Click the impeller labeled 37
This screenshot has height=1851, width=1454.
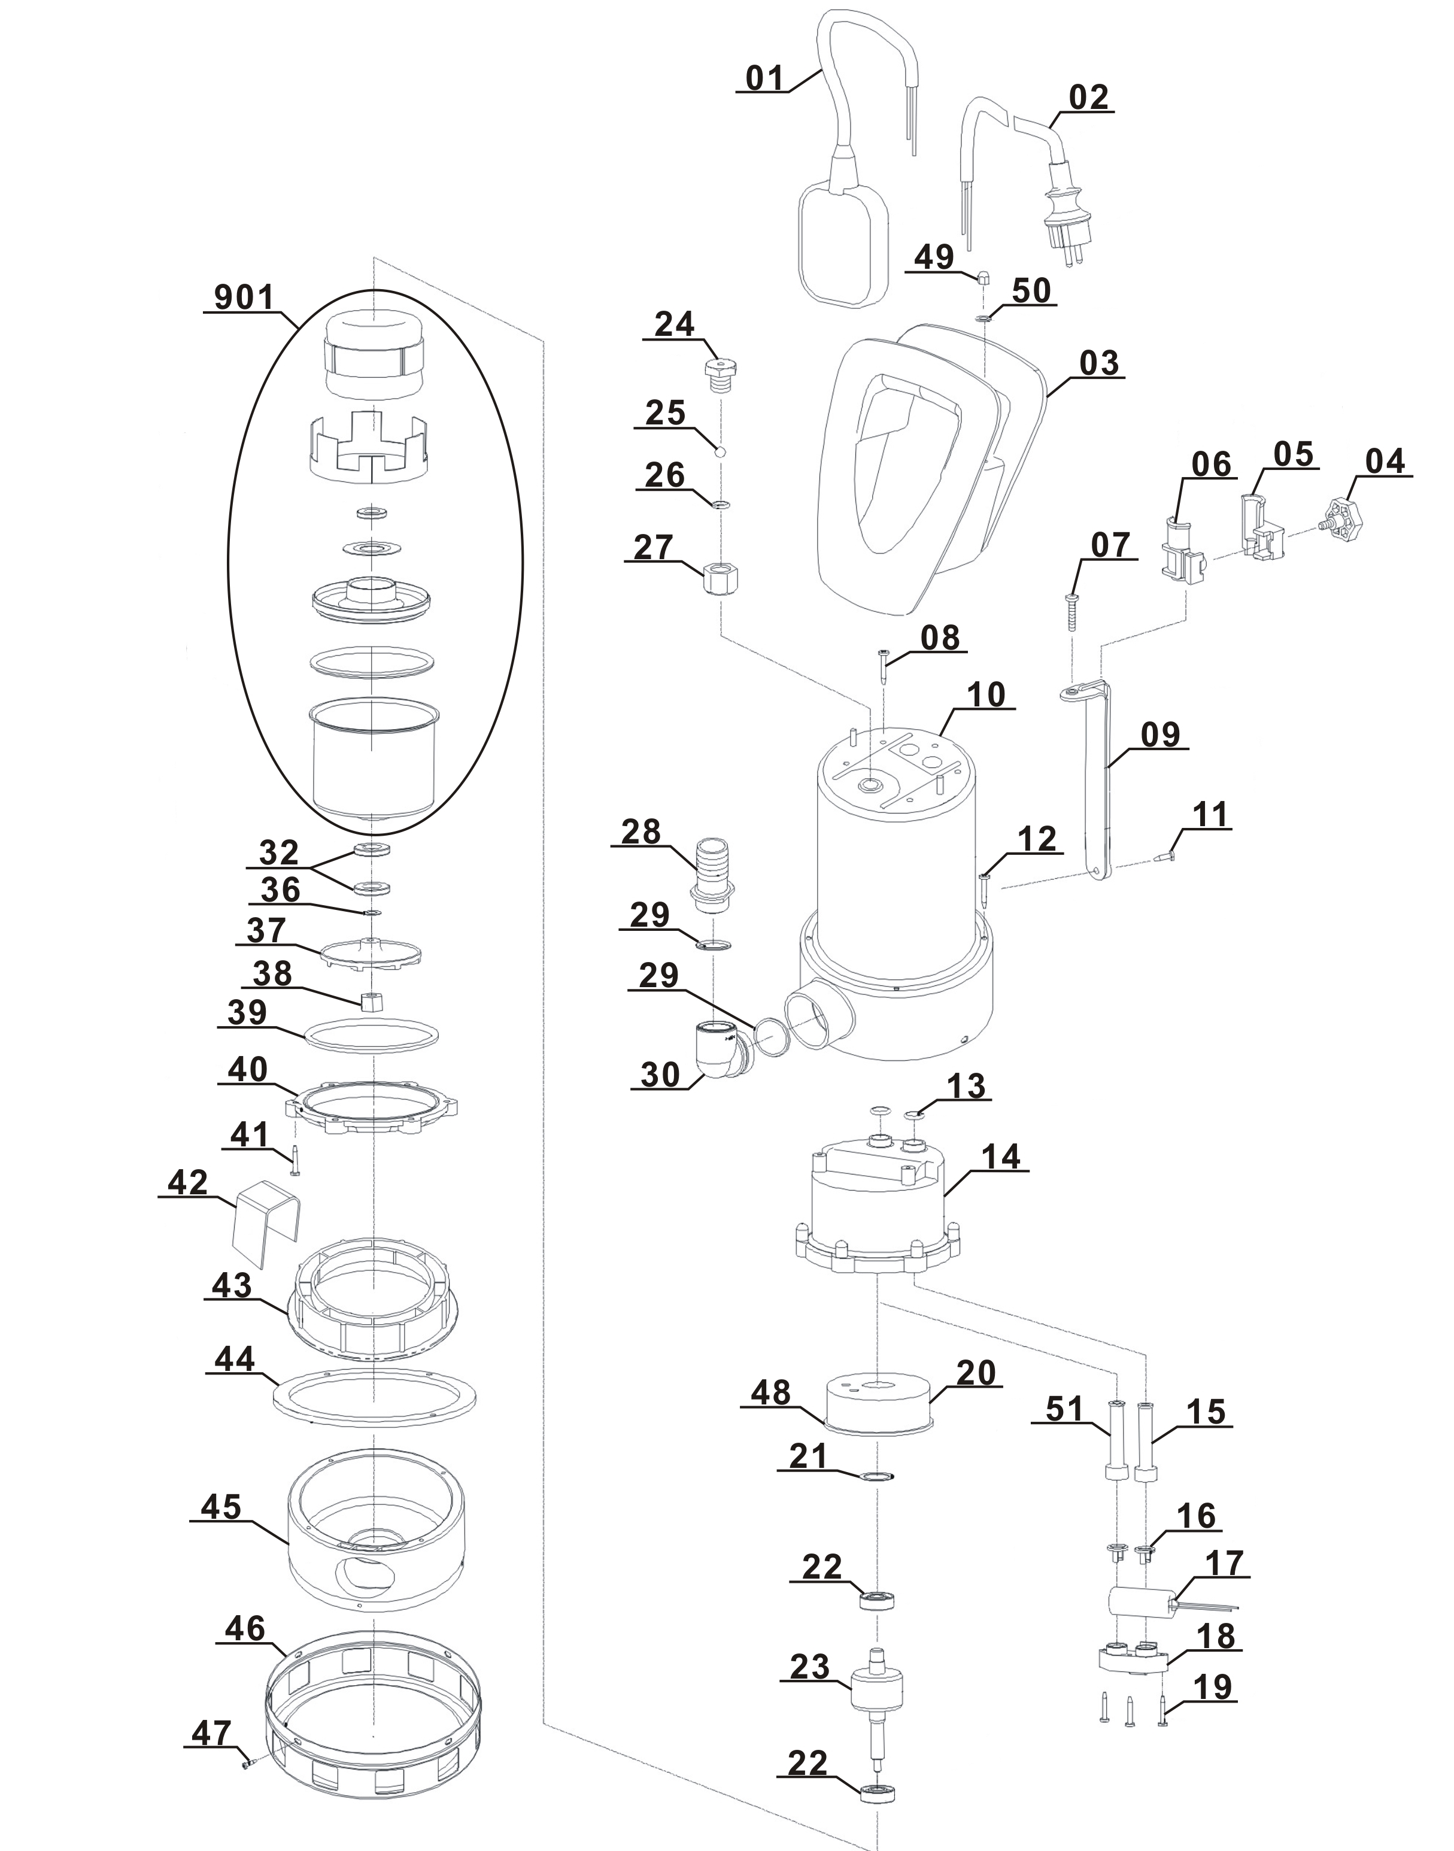coord(371,951)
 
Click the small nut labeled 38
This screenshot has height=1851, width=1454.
coord(372,1002)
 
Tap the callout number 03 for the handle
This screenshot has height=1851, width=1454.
coord(1098,363)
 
